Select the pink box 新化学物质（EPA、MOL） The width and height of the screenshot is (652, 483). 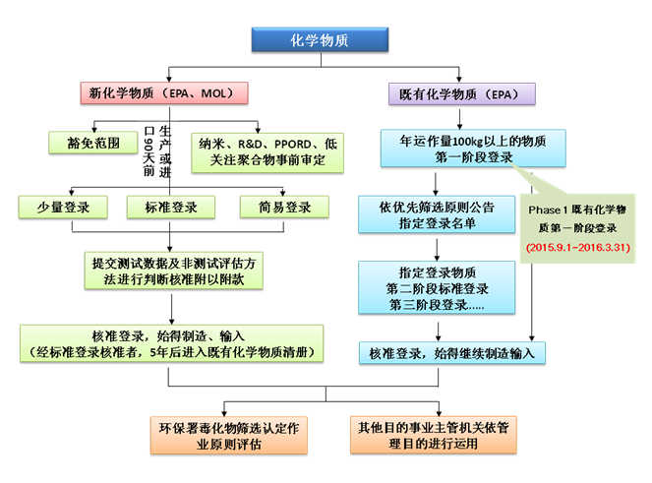(162, 93)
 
